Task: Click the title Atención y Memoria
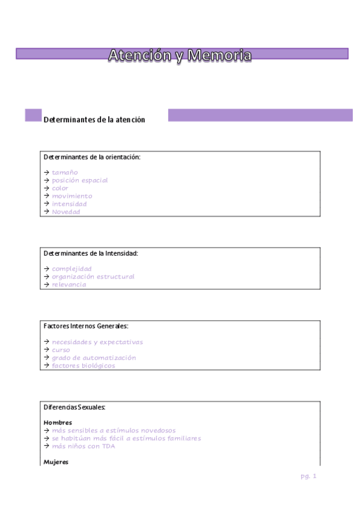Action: [x=180, y=55]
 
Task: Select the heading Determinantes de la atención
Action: [x=94, y=120]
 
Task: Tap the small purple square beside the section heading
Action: [x=33, y=115]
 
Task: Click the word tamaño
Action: [x=64, y=173]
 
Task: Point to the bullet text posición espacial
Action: [x=79, y=180]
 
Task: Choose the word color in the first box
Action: [x=60, y=188]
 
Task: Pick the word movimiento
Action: [x=72, y=196]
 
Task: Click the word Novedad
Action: [x=66, y=212]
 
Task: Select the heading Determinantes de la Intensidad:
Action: [x=91, y=253]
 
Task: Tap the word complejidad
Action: [x=72, y=269]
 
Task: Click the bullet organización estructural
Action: [x=93, y=277]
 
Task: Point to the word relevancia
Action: [x=69, y=284]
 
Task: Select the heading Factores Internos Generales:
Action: [x=86, y=326]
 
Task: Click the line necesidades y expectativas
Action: [x=97, y=342]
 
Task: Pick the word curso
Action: [x=61, y=350]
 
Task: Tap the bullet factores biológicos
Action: [x=83, y=366]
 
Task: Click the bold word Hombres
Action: [x=58, y=423]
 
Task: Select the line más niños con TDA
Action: [x=83, y=446]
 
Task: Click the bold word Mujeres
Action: [x=56, y=462]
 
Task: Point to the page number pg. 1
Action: [x=308, y=476]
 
